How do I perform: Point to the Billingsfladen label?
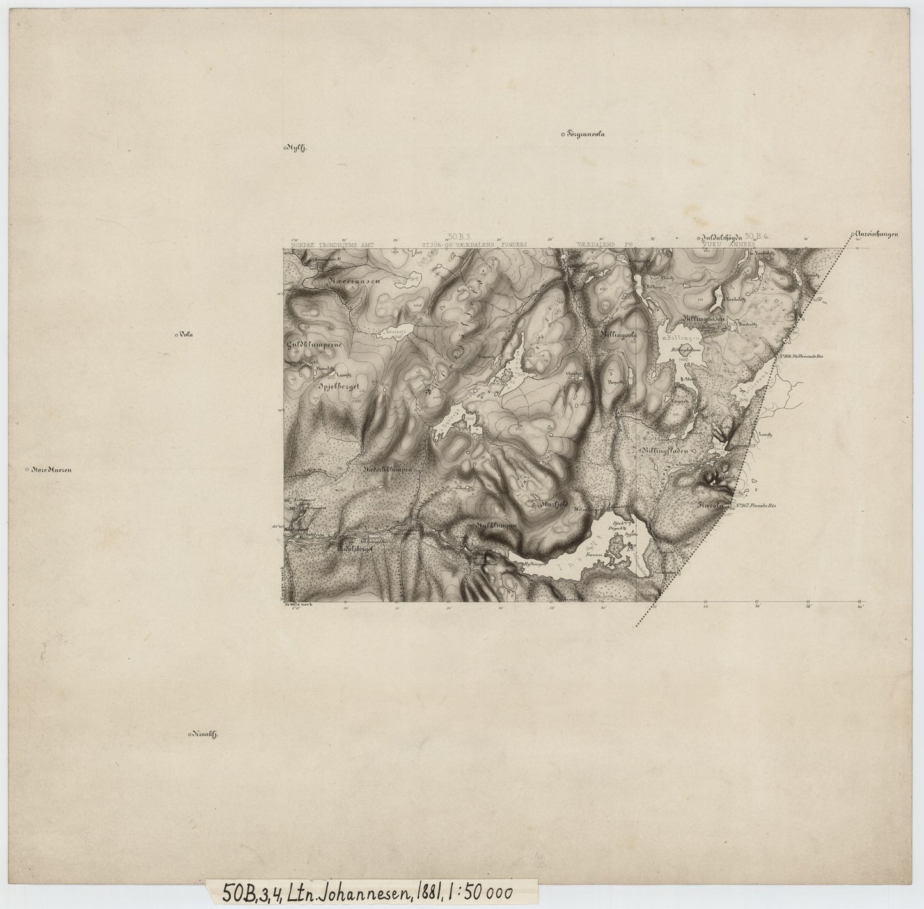(664, 450)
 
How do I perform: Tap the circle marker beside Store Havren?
(26, 470)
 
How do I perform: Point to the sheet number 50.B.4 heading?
(761, 237)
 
